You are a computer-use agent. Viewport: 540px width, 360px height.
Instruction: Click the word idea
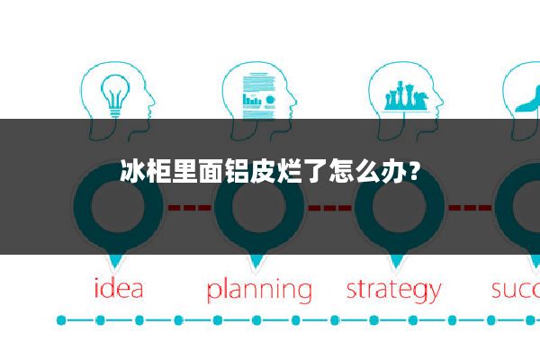tap(119, 290)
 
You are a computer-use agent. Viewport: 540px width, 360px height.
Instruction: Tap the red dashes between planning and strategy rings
tap(328, 208)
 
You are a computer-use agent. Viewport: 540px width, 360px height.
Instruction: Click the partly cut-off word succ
tap(515, 290)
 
